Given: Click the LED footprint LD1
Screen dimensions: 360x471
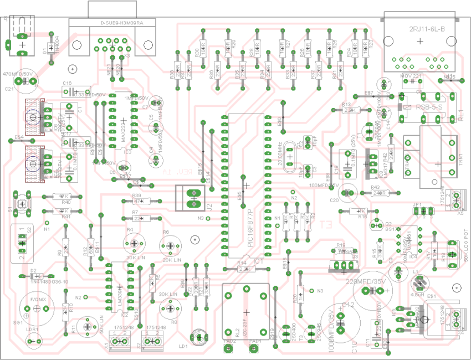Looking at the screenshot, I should tap(198, 337).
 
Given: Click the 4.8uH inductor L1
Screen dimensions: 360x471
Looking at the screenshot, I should tap(418, 283).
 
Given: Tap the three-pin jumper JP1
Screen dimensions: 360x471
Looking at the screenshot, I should tap(424, 210).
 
